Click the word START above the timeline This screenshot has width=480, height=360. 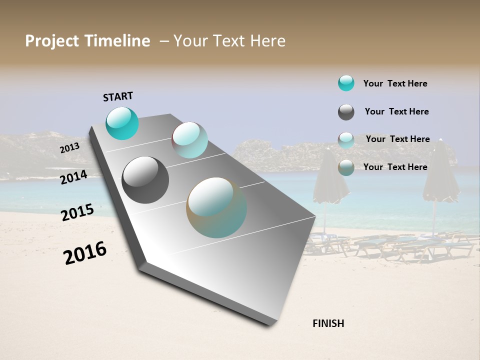[x=118, y=96]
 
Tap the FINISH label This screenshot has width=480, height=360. [x=328, y=323]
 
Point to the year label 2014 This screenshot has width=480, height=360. [x=73, y=177]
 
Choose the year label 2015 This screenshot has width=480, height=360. [x=77, y=212]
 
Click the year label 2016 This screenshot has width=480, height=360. [x=85, y=253]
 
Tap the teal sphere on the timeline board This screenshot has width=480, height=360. [x=122, y=123]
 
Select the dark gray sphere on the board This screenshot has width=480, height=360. [x=145, y=180]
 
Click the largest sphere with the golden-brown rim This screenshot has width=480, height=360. [x=216, y=207]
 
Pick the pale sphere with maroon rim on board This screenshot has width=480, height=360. [x=189, y=140]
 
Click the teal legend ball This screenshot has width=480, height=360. [x=346, y=83]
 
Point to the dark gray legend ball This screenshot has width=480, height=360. [x=346, y=112]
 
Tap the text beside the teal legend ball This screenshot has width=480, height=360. [x=395, y=83]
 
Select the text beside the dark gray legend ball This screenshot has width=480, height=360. [x=396, y=111]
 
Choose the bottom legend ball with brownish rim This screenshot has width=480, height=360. [x=346, y=167]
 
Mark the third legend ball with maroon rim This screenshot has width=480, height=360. [x=346, y=140]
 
